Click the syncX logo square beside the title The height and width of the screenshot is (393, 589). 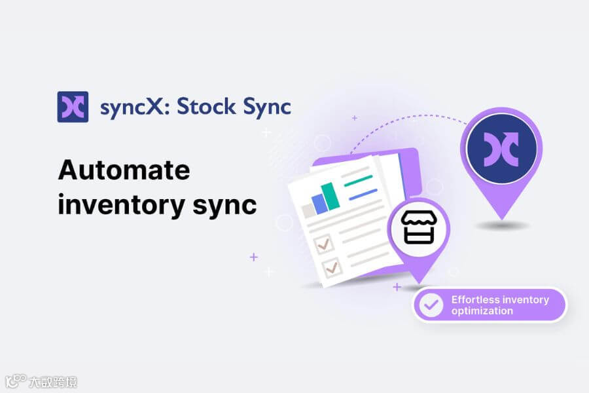click(x=73, y=106)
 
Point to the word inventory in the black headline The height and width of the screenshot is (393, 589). click(x=113, y=204)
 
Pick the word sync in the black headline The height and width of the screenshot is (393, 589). click(x=224, y=206)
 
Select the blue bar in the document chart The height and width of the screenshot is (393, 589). click(x=319, y=203)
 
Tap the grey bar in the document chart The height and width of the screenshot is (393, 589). click(x=307, y=210)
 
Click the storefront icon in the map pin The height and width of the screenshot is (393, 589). click(x=419, y=228)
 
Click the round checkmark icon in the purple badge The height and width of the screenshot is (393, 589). click(x=431, y=305)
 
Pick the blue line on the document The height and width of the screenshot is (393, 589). click(x=363, y=194)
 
